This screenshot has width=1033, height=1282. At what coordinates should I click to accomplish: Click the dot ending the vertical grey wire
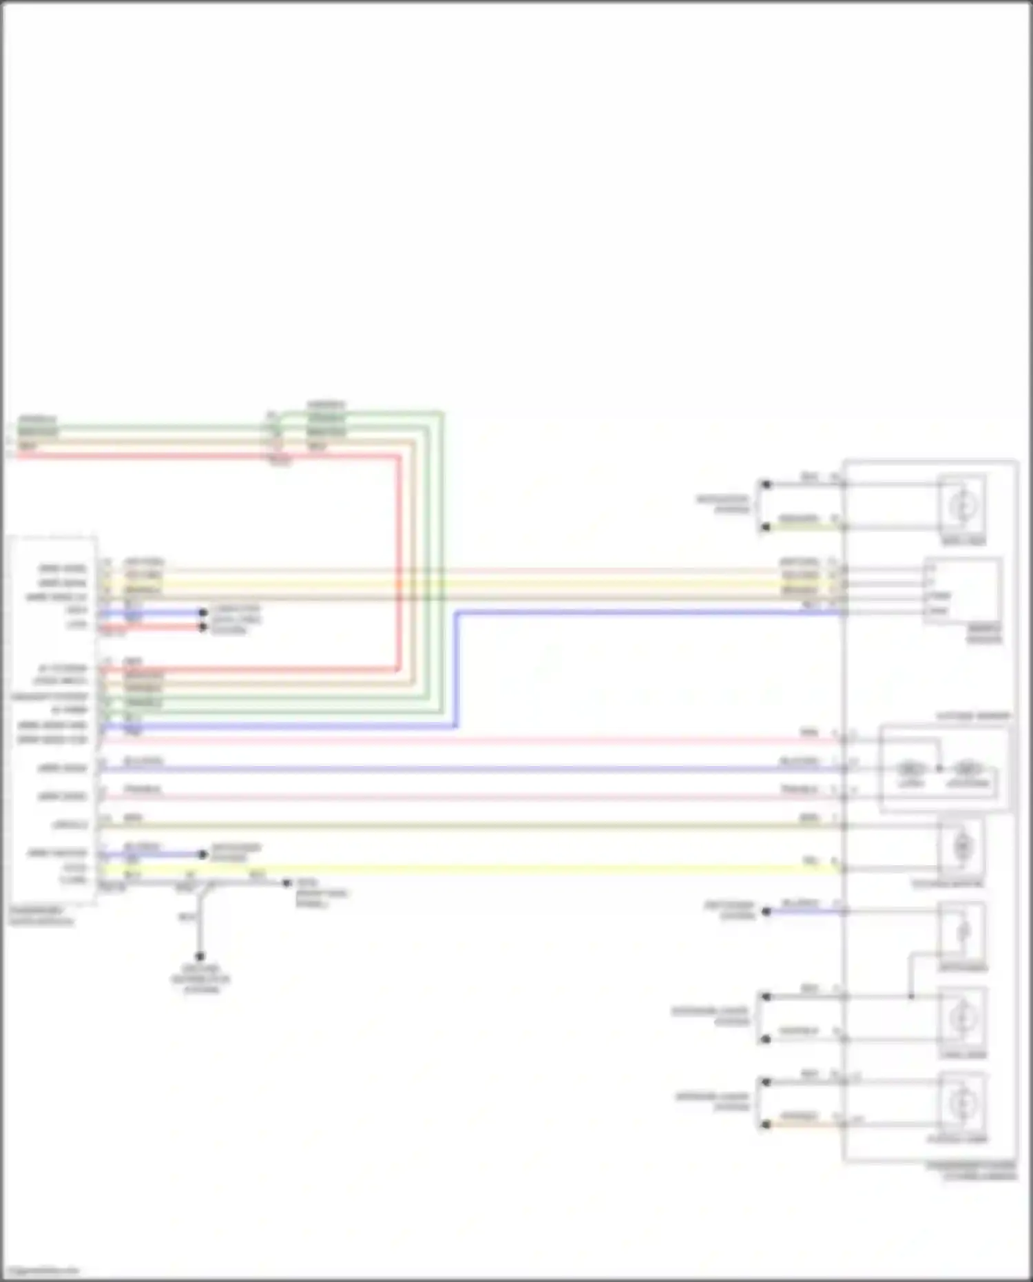[x=200, y=956]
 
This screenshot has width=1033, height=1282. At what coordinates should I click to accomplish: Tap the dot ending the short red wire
[x=202, y=627]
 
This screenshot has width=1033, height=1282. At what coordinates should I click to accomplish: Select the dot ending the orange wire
[x=765, y=1125]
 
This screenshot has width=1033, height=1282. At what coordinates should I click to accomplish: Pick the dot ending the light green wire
[x=765, y=527]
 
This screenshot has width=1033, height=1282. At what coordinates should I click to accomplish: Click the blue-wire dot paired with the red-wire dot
[x=202, y=612]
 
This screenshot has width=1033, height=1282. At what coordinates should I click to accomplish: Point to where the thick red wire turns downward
[x=398, y=456]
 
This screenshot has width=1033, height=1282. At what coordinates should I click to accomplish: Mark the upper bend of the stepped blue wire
[x=456, y=612]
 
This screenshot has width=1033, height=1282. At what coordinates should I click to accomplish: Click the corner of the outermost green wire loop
[x=441, y=413]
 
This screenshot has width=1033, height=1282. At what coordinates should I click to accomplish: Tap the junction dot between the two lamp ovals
[x=939, y=768]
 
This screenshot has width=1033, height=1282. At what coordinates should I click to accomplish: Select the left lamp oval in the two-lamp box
[x=910, y=768]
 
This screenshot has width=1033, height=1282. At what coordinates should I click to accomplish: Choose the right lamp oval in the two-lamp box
[x=967, y=768]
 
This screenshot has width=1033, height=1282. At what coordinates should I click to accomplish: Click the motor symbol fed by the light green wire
[x=962, y=506]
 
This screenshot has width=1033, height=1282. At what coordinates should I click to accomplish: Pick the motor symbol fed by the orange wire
[x=962, y=1103]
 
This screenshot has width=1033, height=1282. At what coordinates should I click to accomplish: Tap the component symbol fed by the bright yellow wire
[x=962, y=846]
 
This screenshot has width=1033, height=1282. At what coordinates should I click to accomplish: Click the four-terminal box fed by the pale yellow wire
[x=962, y=591]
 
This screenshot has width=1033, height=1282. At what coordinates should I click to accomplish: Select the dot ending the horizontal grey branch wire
[x=287, y=882]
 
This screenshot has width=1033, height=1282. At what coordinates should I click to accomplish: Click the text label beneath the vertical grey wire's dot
[x=200, y=979]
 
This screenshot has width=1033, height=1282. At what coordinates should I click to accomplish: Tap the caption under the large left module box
[x=41, y=916]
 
